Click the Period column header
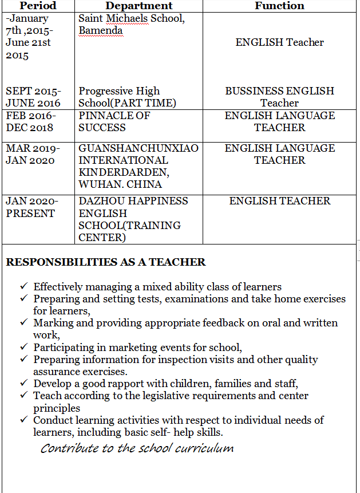point(38,6)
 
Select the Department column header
point(139,6)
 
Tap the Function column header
point(279,6)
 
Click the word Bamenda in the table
point(100,30)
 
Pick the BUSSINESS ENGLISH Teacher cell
point(279,97)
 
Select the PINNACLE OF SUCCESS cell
point(114,121)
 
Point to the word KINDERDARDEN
point(124,172)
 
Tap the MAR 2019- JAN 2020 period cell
point(33,154)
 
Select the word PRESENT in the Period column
point(30,214)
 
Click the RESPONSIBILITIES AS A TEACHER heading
point(105,262)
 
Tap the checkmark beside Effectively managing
point(23,286)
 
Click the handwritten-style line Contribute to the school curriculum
point(137,448)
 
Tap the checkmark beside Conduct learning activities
point(23,420)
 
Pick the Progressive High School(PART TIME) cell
point(127,97)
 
